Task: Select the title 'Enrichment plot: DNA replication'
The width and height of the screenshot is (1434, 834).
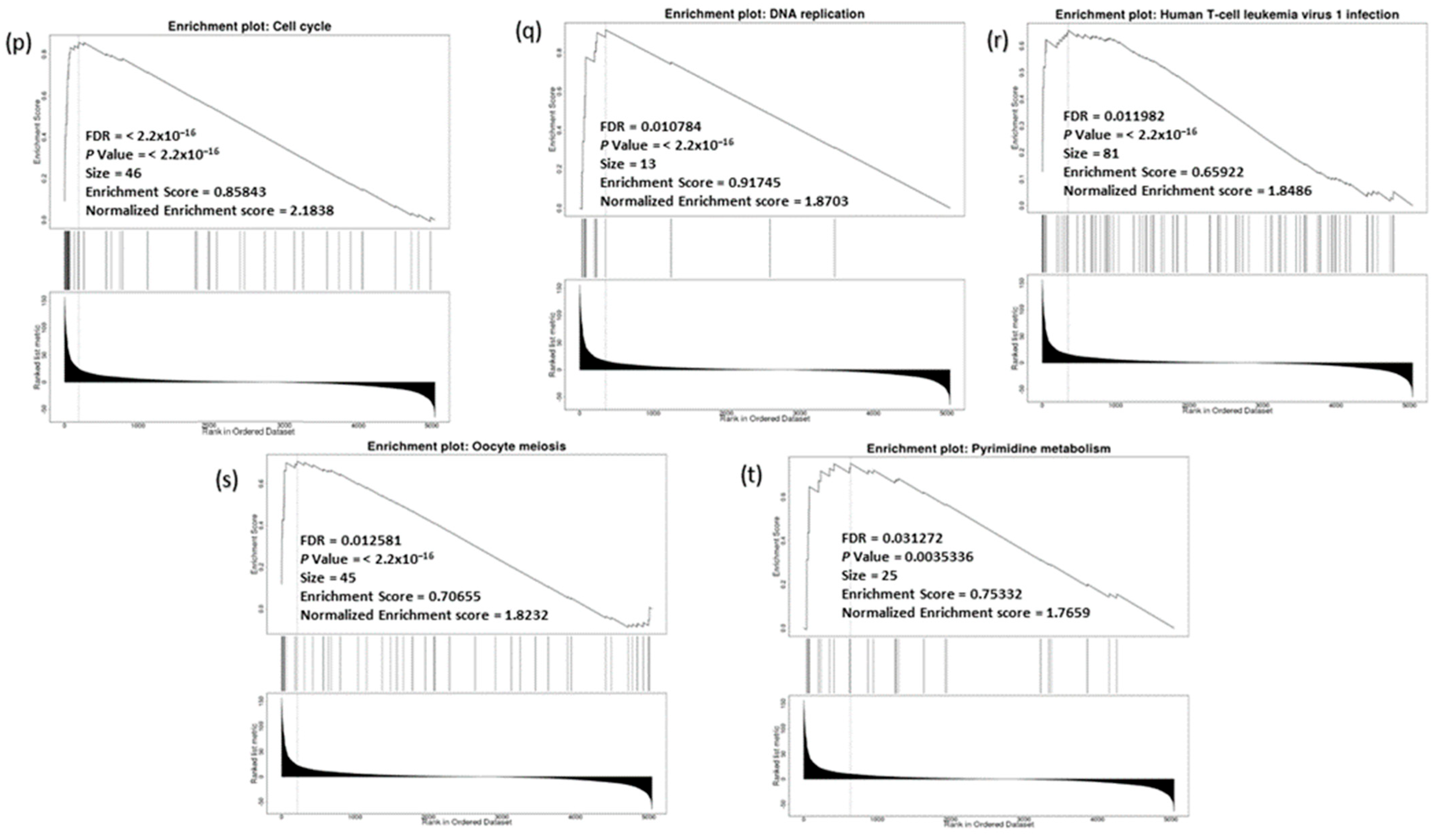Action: pyautogui.click(x=764, y=14)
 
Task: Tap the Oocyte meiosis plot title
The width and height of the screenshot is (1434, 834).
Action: pyautogui.click(x=467, y=446)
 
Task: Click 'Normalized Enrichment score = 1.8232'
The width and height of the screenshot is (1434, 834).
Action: pyautogui.click(x=424, y=615)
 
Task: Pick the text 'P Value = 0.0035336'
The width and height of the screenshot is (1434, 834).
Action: pyautogui.click(x=907, y=556)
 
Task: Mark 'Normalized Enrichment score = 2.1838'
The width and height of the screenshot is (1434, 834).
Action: pyautogui.click(x=210, y=210)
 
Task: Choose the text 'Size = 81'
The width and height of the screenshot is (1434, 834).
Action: pyautogui.click(x=1091, y=154)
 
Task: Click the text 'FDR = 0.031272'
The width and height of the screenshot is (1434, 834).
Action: pyautogui.click(x=892, y=538)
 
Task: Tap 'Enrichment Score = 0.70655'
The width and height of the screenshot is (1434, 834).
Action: pyautogui.click(x=390, y=596)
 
